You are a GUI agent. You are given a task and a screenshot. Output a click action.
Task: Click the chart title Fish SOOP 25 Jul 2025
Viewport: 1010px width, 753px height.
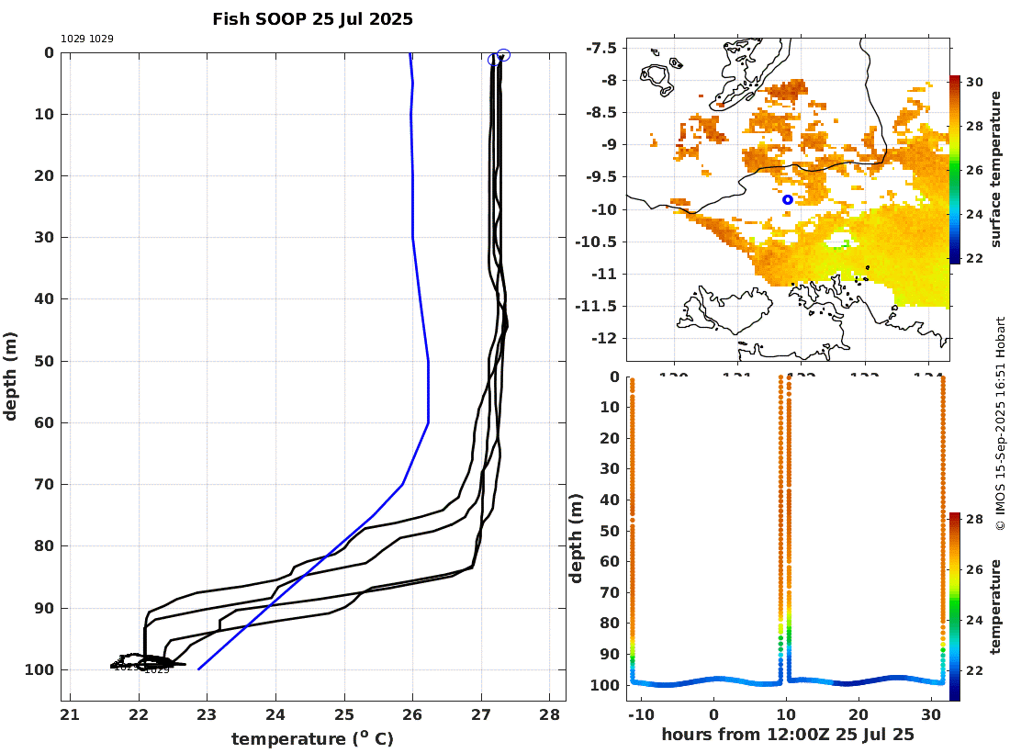click(312, 18)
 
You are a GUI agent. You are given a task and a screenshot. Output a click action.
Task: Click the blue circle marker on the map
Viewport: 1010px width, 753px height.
click(788, 199)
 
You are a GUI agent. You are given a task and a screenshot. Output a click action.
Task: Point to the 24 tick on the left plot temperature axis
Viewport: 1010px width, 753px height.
click(275, 716)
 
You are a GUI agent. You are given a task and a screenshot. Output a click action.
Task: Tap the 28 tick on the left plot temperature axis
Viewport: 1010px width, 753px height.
click(549, 716)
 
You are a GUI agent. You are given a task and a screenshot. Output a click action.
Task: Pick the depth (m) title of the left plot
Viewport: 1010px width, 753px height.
click(11, 376)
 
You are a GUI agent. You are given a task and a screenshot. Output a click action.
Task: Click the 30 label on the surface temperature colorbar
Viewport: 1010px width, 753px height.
click(974, 83)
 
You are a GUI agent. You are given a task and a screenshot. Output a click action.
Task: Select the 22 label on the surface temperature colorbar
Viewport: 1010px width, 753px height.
click(974, 258)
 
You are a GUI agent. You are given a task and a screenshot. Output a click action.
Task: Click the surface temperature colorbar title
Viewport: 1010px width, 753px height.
click(996, 171)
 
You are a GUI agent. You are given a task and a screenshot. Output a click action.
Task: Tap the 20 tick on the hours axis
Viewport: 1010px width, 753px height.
click(858, 715)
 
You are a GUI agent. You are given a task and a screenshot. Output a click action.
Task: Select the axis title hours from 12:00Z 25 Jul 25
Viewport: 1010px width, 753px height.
click(789, 735)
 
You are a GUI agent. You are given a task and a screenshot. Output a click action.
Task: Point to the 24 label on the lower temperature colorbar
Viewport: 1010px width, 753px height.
click(974, 620)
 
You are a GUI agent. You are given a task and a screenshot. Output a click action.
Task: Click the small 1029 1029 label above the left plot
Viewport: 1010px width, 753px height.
click(87, 39)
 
